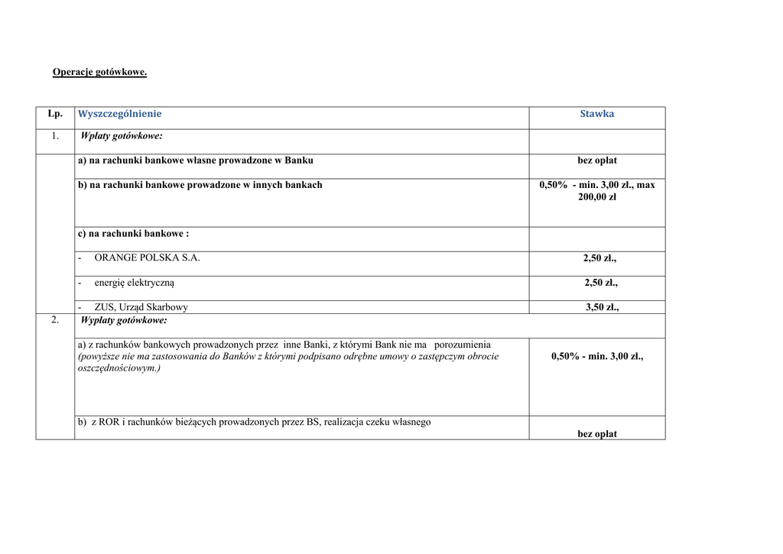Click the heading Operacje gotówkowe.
click(99, 73)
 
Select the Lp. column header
click(55, 114)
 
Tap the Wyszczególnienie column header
click(120, 114)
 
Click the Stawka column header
click(596, 114)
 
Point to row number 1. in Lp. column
click(55, 136)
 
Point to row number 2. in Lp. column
click(55, 320)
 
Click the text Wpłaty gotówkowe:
click(122, 136)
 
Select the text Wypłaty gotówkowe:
click(123, 320)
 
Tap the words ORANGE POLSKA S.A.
click(147, 258)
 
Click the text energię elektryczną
click(135, 283)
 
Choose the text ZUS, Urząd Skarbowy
click(141, 307)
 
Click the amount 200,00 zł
click(597, 197)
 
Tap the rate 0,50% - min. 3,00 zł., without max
click(597, 356)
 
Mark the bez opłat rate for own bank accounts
click(597, 160)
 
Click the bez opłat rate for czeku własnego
click(597, 434)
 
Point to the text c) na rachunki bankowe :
click(133, 234)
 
